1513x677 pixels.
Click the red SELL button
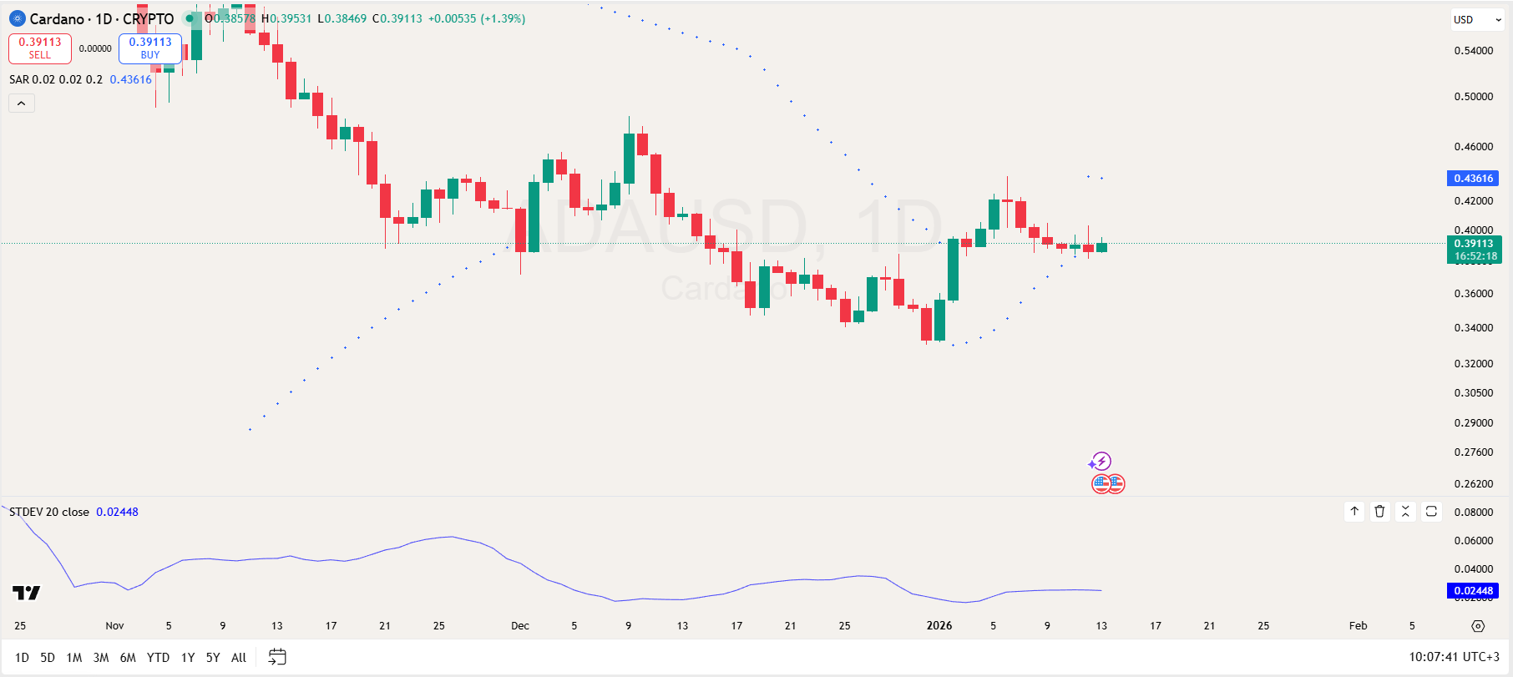[40, 48]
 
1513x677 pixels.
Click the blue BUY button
[150, 48]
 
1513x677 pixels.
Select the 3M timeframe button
[101, 658]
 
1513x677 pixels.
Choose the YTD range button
[158, 658]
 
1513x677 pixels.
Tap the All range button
[238, 658]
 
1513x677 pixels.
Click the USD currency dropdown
[1476, 19]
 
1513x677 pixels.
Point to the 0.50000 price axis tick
[1473, 97]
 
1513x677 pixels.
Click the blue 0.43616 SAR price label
[1473, 179]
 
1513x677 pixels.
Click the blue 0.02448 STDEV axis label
[1473, 591]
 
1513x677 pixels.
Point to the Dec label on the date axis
[520, 626]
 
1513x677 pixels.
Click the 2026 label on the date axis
[939, 626]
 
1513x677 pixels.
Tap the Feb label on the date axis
[1358, 626]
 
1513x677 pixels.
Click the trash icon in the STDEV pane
[1380, 512]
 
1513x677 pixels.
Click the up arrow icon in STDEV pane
[1354, 512]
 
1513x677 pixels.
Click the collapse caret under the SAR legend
[22, 104]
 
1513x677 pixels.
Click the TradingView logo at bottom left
[26, 593]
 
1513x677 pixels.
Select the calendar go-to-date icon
[277, 658]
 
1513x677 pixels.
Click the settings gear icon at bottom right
[1478, 626]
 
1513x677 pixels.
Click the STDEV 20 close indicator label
[49, 513]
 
